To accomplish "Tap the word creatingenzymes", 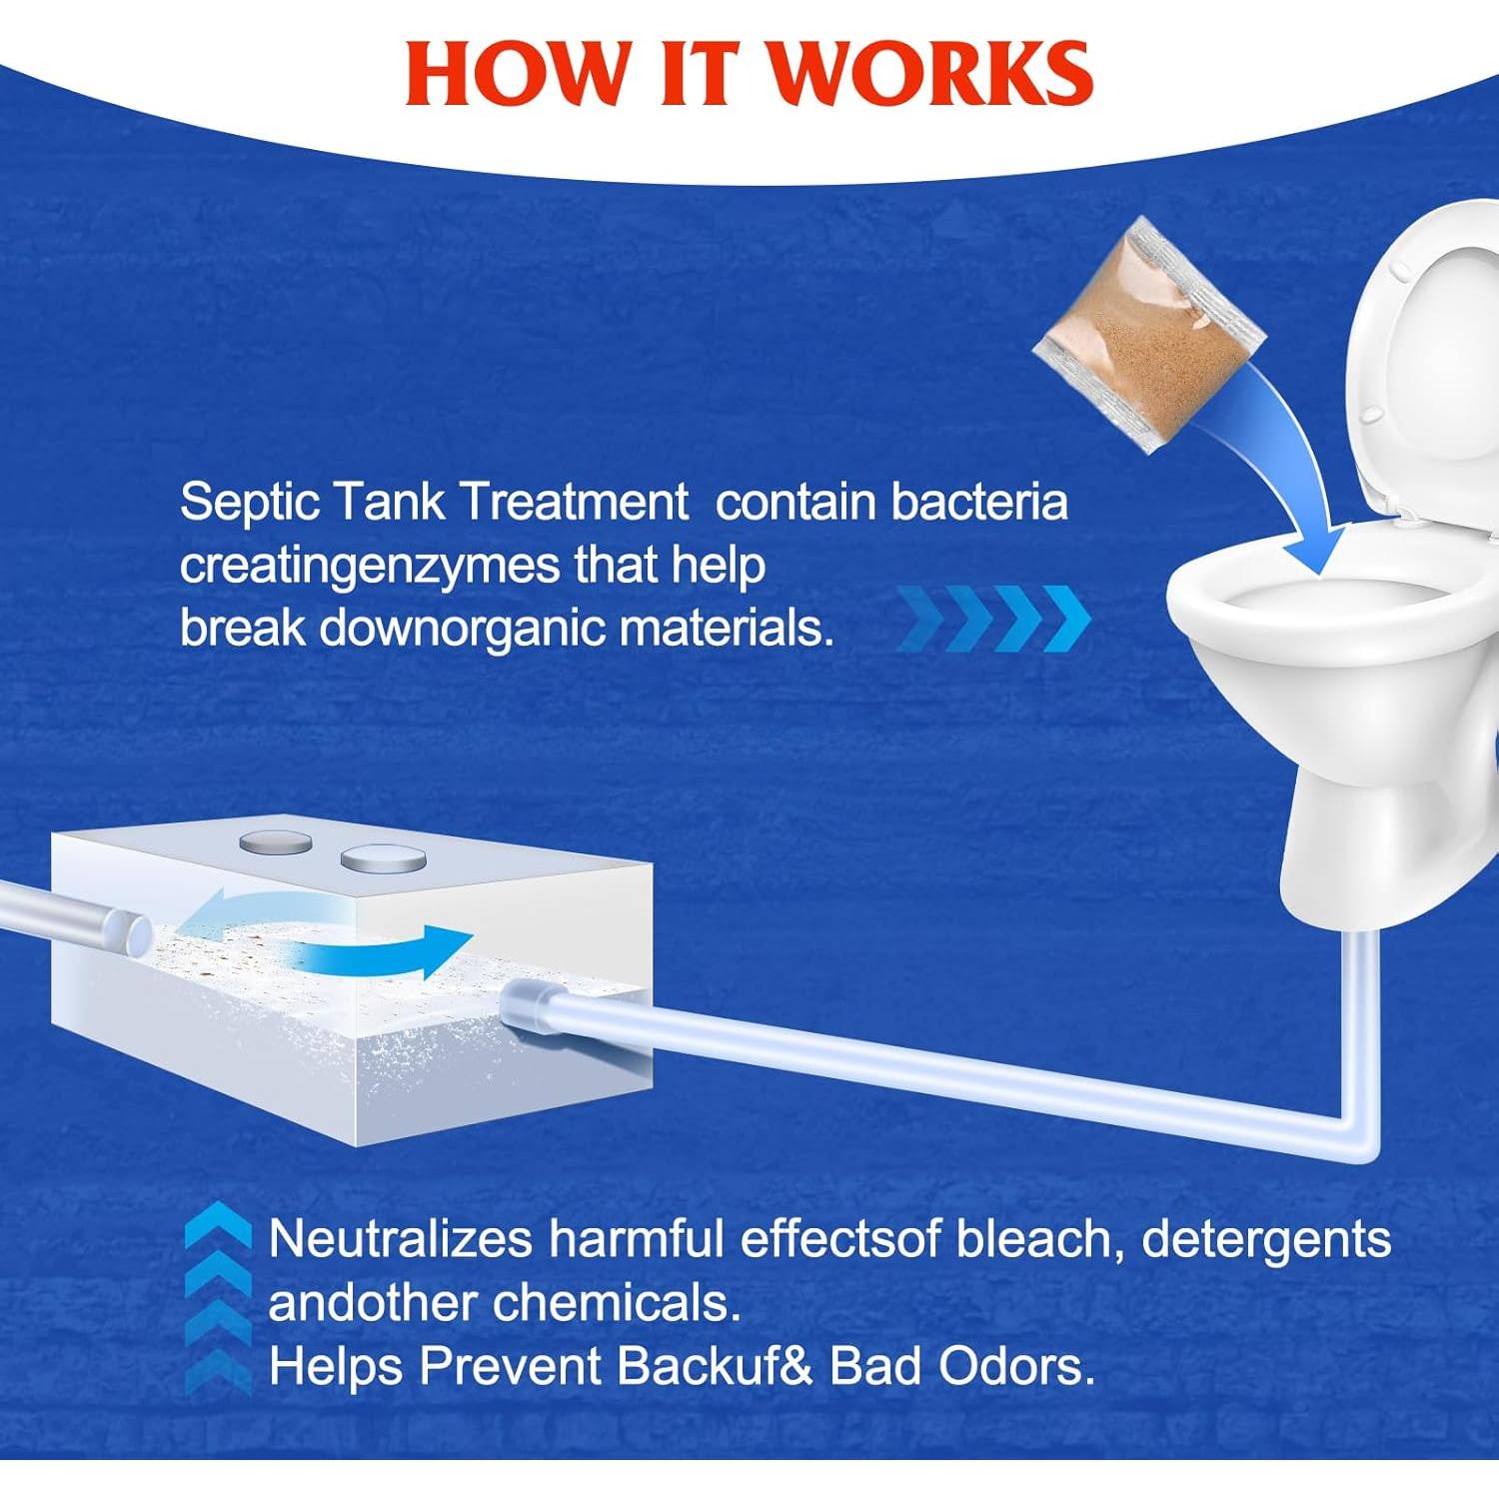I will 369,566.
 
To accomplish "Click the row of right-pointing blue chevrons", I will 993,619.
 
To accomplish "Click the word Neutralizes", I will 400,1239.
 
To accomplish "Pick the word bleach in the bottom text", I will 1033,1239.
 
